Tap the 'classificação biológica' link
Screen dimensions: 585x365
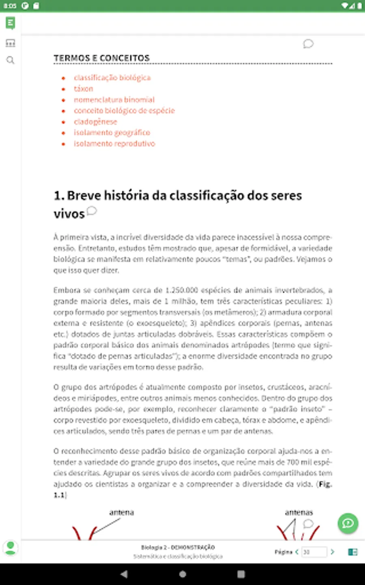pyautogui.click(x=112, y=78)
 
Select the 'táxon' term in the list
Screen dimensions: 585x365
pyautogui.click(x=83, y=89)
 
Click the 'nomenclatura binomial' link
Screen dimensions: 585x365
pyautogui.click(x=114, y=100)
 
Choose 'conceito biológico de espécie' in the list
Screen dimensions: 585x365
pyautogui.click(x=124, y=110)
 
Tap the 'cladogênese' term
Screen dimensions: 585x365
pyautogui.click(x=95, y=121)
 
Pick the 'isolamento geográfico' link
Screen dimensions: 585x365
pyautogui.click(x=112, y=132)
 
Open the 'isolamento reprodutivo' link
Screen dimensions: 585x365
pyautogui.click(x=114, y=143)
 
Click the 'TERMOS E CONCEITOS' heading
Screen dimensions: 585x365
pyautogui.click(x=101, y=58)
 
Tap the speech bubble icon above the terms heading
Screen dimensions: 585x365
pyautogui.click(x=308, y=43)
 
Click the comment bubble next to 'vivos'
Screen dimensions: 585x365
pyautogui.click(x=92, y=210)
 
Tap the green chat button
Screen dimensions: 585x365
pyautogui.click(x=348, y=523)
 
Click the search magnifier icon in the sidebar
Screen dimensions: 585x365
pyautogui.click(x=11, y=60)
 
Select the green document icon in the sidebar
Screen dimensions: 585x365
pyautogui.click(x=11, y=23)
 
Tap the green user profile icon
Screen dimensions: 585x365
pyautogui.click(x=11, y=548)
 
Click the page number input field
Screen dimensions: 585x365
pyautogui.click(x=314, y=552)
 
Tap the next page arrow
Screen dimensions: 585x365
pyautogui.click(x=333, y=552)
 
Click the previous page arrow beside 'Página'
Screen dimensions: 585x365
pyautogui.click(x=297, y=552)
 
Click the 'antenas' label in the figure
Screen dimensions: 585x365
pyautogui.click(x=299, y=512)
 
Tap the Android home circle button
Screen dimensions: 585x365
pyautogui.click(x=182, y=574)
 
